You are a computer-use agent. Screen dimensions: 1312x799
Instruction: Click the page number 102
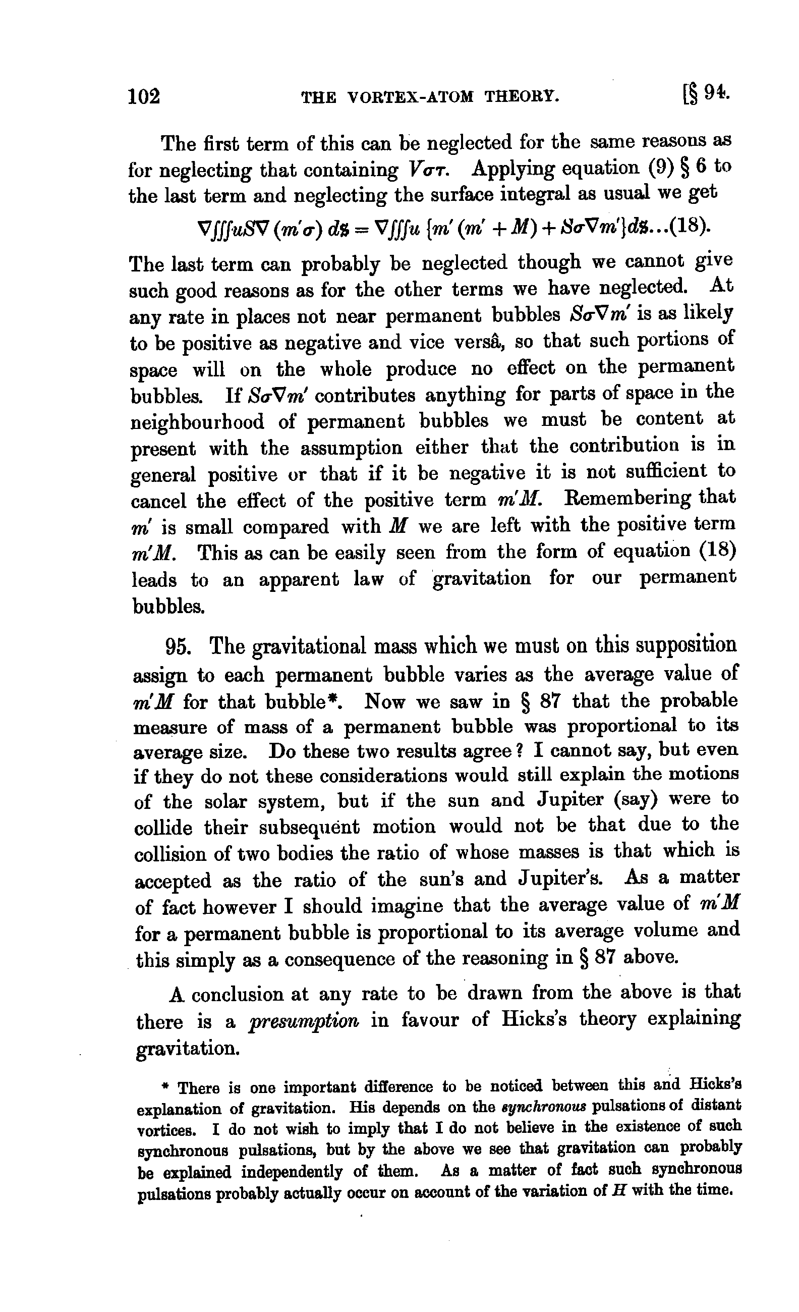pos(144,97)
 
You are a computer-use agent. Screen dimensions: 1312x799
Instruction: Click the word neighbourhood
pos(198,422)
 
